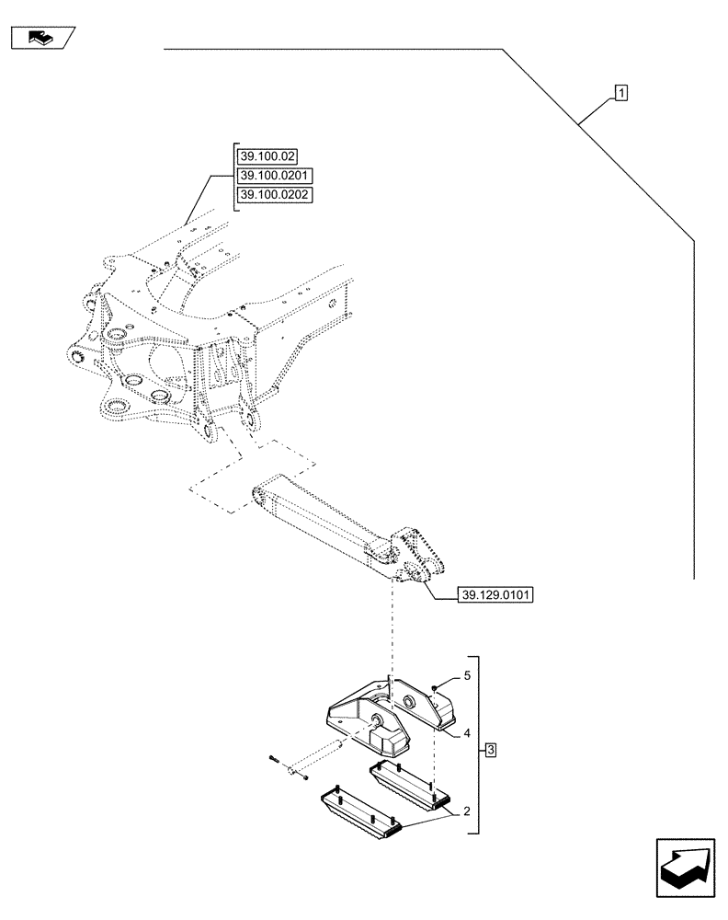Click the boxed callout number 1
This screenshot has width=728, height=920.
[x=621, y=92]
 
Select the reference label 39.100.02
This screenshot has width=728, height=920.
[x=262, y=157]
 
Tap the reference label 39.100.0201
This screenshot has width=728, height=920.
[x=275, y=176]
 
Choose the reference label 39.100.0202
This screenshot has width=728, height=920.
[x=275, y=194]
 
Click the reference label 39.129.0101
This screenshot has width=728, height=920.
[x=495, y=595]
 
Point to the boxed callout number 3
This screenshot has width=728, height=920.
[x=492, y=751]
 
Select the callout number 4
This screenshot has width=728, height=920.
[x=467, y=733]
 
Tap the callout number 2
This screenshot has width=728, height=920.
[x=467, y=811]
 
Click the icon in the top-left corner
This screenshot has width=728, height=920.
[x=41, y=38]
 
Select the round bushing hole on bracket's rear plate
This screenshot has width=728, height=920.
[x=410, y=702]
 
